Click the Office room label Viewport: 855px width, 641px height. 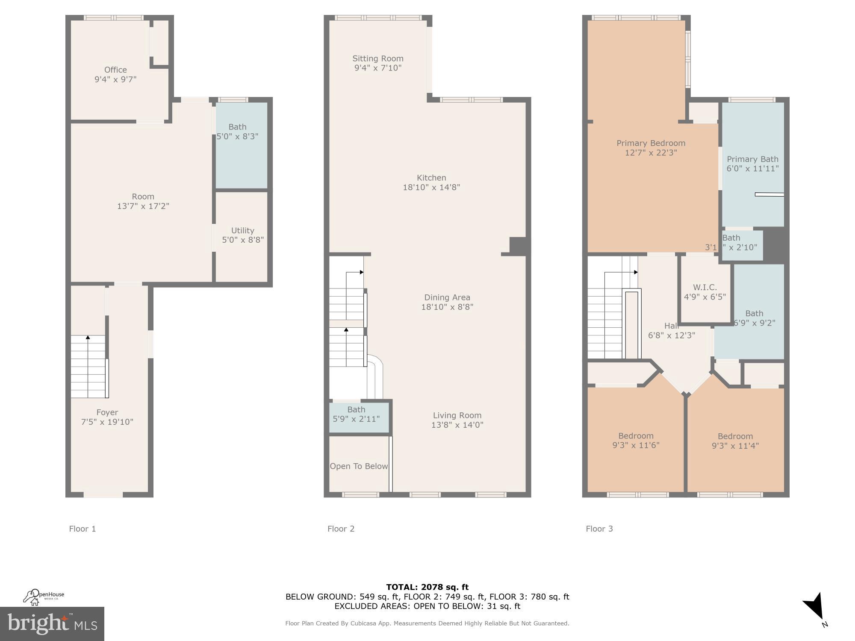click(x=115, y=70)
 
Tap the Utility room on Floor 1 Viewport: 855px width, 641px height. click(x=242, y=235)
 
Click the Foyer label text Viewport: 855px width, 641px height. click(x=107, y=413)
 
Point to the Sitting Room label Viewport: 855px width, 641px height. click(x=378, y=59)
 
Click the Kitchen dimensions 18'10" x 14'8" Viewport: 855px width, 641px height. click(x=431, y=187)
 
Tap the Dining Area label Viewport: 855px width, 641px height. click(x=447, y=298)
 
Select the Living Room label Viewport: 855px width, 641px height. click(x=457, y=415)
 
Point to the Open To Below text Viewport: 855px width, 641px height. click(x=359, y=466)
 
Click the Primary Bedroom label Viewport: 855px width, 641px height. click(x=651, y=144)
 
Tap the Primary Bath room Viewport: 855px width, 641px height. click(x=752, y=164)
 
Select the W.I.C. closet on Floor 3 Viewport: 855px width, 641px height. click(x=705, y=292)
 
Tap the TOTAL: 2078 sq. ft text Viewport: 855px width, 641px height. click(x=427, y=587)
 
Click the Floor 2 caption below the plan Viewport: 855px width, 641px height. click(x=341, y=529)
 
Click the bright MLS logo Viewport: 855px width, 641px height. click(x=52, y=624)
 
